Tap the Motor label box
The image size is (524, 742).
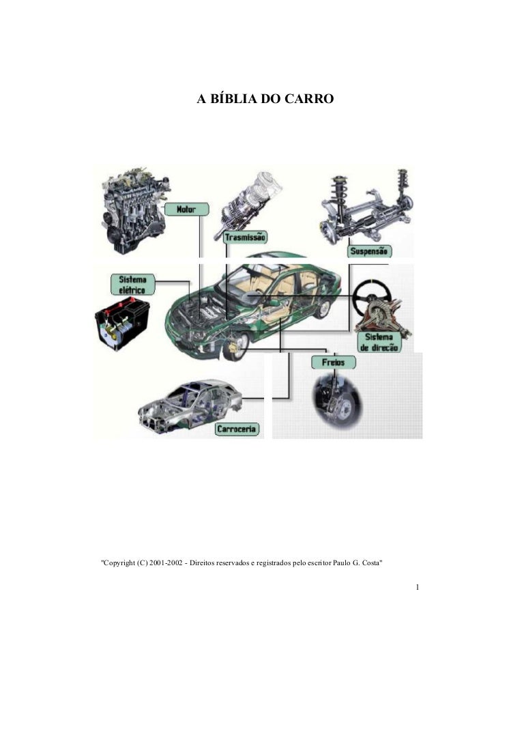(x=186, y=209)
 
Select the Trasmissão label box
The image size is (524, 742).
(x=245, y=237)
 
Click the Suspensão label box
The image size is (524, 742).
(x=369, y=251)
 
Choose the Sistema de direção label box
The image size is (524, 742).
(x=379, y=342)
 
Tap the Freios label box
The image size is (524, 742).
(x=334, y=362)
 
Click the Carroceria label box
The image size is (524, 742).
(x=237, y=429)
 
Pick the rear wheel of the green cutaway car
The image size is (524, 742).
(x=323, y=309)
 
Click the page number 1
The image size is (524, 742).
(x=417, y=587)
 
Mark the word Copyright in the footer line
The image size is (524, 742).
(x=119, y=564)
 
